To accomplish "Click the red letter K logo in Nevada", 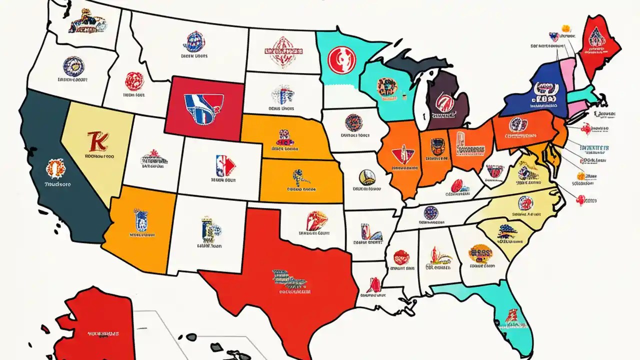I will click(x=96, y=141).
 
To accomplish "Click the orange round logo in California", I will click(x=54, y=169).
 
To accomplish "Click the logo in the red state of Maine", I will click(x=596, y=36).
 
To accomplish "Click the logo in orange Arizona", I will click(x=140, y=218).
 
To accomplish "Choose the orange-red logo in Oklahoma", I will click(x=316, y=220).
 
